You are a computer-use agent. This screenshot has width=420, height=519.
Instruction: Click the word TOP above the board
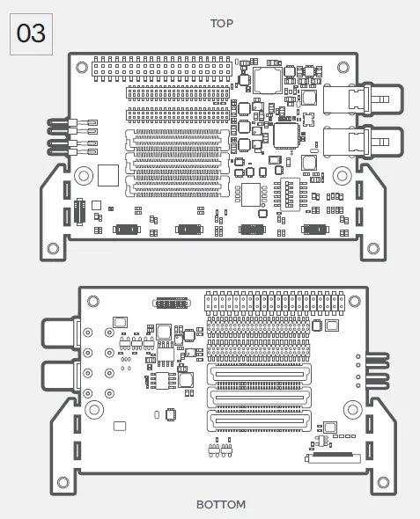(x=222, y=24)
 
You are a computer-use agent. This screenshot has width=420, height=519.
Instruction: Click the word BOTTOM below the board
(x=221, y=504)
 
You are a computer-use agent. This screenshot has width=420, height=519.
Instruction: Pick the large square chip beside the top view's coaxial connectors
(x=286, y=135)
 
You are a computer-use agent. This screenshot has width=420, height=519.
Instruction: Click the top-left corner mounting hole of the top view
(x=81, y=66)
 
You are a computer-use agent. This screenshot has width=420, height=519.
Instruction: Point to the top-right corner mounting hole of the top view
(x=346, y=66)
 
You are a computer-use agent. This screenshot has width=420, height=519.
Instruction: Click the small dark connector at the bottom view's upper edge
(x=172, y=303)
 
